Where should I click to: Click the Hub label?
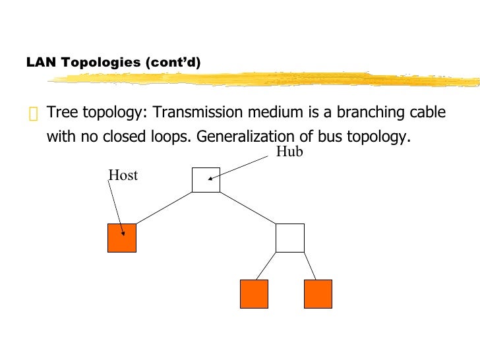point(288,152)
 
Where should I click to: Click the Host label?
point(123,175)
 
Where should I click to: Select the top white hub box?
point(206,179)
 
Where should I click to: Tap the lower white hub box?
point(289,237)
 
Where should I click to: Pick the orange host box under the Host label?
point(122,237)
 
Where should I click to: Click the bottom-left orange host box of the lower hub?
point(254,293)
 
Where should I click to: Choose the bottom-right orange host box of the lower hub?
point(318,293)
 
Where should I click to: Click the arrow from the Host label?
point(116,208)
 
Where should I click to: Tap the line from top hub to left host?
point(164,208)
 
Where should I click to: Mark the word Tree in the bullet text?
point(61,113)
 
